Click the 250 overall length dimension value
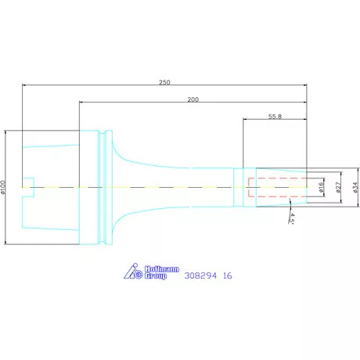point(164,82)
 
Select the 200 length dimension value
point(193,99)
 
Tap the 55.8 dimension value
point(275,117)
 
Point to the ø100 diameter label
point(3,187)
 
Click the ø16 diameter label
point(321,187)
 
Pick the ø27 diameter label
point(338,187)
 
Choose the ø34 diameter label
point(356,187)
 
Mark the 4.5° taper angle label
point(292,218)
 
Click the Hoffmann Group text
point(162,272)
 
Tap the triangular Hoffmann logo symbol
point(133,271)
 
